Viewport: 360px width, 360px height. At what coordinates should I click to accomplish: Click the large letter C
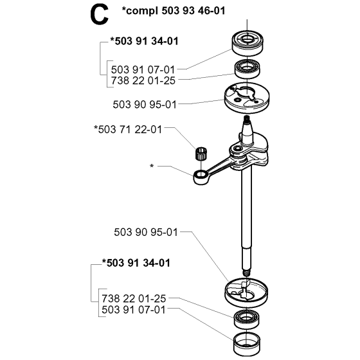click(99, 15)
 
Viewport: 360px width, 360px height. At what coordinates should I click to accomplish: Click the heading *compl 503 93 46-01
click(174, 10)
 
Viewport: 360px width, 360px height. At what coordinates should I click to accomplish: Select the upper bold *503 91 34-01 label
click(144, 41)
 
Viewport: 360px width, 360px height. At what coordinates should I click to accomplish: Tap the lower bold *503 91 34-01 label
click(136, 263)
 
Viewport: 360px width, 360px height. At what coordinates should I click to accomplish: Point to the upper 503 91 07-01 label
click(143, 69)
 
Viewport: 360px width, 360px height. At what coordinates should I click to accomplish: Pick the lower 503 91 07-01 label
click(134, 310)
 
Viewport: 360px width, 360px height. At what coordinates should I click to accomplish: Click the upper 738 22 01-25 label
click(143, 80)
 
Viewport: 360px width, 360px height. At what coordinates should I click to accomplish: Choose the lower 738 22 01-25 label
click(134, 299)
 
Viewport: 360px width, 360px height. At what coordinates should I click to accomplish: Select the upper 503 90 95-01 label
click(145, 105)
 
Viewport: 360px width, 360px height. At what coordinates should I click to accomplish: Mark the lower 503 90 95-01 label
click(146, 232)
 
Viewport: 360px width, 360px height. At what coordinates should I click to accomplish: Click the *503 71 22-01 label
click(128, 129)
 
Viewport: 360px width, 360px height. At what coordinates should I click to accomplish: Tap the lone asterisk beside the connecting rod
click(152, 166)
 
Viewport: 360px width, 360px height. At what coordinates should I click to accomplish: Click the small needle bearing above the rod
click(201, 154)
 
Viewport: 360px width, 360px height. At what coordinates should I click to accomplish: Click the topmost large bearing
click(247, 42)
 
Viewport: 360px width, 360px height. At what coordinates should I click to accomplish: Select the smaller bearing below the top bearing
click(247, 68)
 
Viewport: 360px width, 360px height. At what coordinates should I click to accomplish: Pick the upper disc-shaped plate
click(247, 98)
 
